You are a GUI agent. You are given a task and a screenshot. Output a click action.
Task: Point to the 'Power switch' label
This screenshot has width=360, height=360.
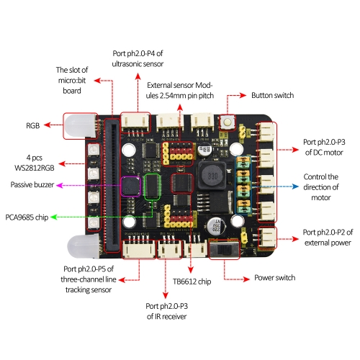[x=275, y=277]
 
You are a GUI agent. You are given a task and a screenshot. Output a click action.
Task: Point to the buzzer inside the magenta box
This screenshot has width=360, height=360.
[x=130, y=186]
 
